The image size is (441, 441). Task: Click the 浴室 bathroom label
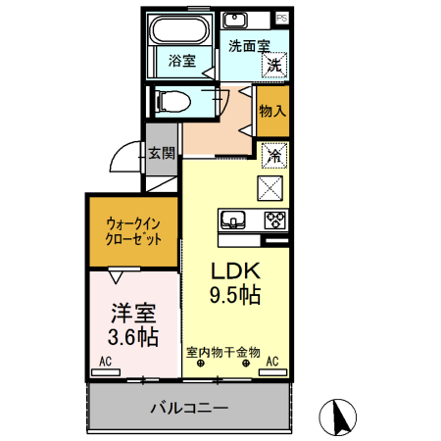(x=180, y=61)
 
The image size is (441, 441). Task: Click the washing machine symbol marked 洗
(x=275, y=65)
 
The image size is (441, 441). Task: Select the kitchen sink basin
(x=232, y=219)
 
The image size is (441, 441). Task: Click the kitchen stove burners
(x=272, y=219)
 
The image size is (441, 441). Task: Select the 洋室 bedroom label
(x=133, y=315)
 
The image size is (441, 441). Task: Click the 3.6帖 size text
(x=133, y=337)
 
